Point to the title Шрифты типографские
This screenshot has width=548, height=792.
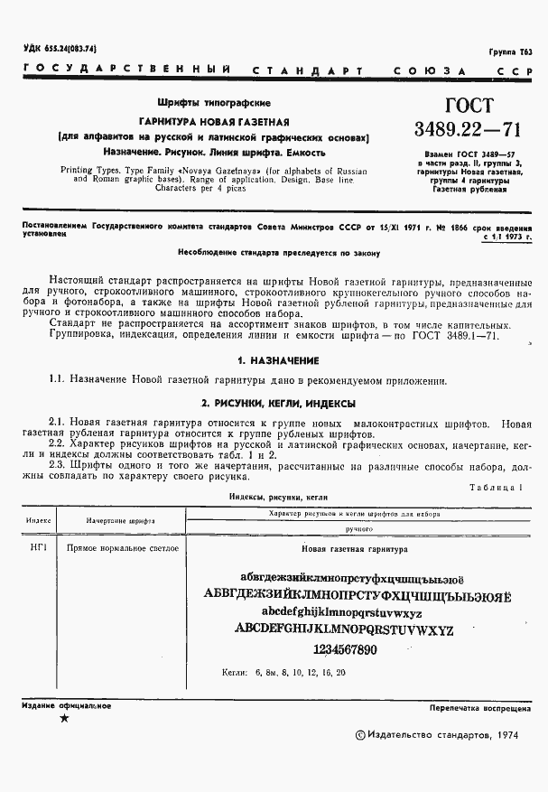214,104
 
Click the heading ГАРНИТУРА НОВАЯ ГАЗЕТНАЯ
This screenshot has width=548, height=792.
213,121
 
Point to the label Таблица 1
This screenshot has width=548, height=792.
497,487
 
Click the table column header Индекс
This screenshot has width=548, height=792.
39,521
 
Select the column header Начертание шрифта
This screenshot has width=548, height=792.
121,521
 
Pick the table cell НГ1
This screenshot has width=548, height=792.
39,548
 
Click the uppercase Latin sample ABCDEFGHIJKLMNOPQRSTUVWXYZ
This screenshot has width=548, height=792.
343,629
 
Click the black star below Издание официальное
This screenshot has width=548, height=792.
63,718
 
